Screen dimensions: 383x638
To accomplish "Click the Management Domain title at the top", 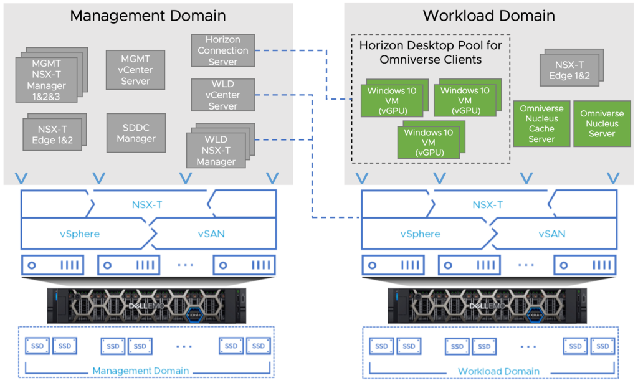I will (148, 16).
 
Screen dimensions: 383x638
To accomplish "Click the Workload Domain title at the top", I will (488, 16).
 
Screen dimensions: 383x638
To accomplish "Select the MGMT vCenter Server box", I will (136, 70).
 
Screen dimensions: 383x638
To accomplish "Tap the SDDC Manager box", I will (136, 132).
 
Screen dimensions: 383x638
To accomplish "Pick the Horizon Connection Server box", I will (222, 50).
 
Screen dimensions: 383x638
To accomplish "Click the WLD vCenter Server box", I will (222, 95).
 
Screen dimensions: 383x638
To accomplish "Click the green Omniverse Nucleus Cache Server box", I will (541, 123).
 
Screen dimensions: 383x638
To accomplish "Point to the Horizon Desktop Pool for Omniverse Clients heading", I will (430, 52).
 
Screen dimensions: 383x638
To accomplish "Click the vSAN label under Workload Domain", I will (552, 234).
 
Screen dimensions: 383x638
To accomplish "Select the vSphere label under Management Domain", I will (80, 234).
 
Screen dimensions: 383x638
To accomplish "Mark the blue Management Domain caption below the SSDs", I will (141, 371).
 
